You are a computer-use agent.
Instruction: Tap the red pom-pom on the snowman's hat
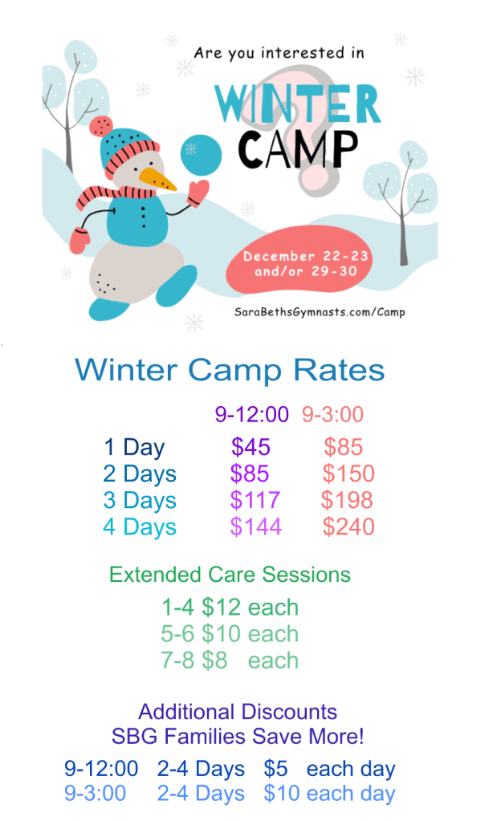click(101, 126)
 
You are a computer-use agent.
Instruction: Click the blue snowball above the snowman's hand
click(201, 154)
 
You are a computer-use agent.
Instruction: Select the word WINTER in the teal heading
click(297, 104)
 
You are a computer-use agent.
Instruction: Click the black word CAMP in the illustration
click(299, 149)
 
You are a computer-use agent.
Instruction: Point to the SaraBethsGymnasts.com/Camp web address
click(320, 312)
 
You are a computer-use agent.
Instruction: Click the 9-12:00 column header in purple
click(251, 414)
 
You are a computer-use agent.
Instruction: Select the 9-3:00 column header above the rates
click(332, 414)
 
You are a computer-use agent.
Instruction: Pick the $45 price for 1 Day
click(251, 447)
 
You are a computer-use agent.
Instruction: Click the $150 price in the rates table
click(348, 473)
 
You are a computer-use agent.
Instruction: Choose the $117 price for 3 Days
click(255, 501)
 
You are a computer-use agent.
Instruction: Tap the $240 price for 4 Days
click(348, 527)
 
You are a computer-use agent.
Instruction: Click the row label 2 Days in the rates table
click(140, 474)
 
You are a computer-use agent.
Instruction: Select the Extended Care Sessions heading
click(230, 575)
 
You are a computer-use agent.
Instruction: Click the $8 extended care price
click(214, 660)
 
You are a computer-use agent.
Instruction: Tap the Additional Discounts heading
click(238, 712)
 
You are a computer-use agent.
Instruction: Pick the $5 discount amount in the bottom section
click(275, 769)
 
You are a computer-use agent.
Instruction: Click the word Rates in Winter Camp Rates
click(339, 370)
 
